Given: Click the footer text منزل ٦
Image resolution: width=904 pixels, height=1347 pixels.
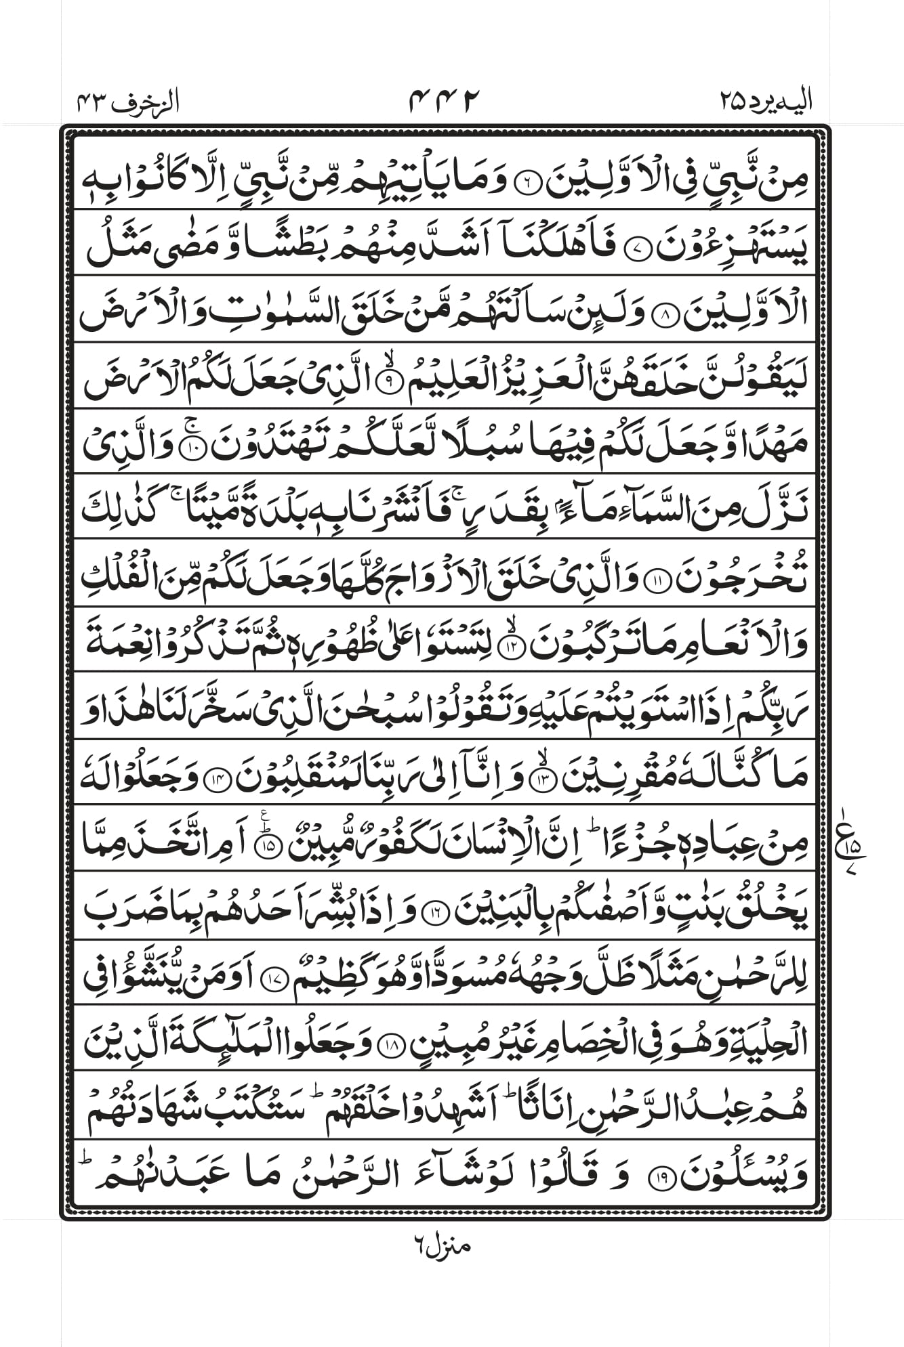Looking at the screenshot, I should click(440, 1244).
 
